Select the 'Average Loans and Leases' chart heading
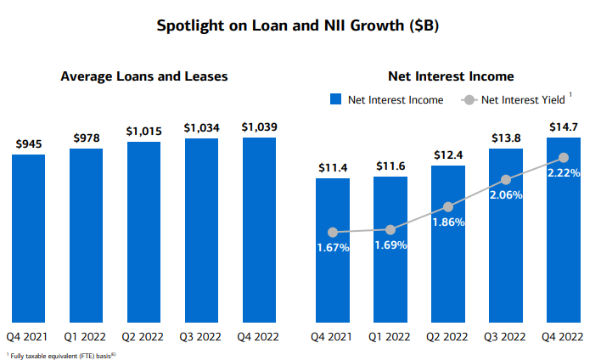pos(144,76)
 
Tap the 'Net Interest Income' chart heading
pos(451,76)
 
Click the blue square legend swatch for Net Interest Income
pos(335,100)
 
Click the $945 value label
pos(28,144)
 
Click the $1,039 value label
pos(259,127)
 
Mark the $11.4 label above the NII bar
pos(332,167)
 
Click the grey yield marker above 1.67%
pos(333,232)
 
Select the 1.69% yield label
pos(390,245)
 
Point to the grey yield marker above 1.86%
pos(448,206)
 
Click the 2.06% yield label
pos(506,194)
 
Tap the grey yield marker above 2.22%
pos(564,157)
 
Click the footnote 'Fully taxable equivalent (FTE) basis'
pos(61,354)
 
